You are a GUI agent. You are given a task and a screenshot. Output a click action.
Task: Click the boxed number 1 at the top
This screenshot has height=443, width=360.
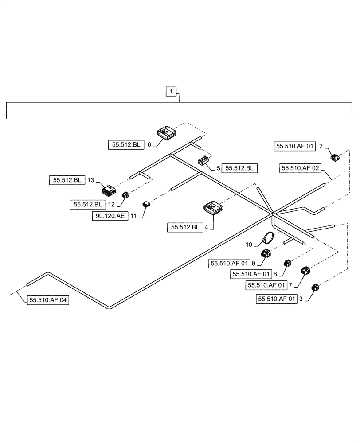point(172,92)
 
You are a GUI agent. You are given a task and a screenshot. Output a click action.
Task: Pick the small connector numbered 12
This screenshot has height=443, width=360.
point(125,195)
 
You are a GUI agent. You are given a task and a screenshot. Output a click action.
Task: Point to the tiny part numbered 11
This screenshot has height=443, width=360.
point(146,204)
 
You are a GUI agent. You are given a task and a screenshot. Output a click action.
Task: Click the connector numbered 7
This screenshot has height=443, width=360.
point(306,271)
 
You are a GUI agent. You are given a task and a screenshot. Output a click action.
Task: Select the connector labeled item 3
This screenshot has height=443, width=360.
point(316,288)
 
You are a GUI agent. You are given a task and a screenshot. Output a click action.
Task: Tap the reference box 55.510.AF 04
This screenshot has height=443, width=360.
point(49,300)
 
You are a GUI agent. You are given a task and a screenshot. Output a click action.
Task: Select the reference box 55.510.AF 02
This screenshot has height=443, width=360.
point(300,168)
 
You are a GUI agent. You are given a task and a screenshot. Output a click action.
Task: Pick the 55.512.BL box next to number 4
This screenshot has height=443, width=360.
point(184,227)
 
